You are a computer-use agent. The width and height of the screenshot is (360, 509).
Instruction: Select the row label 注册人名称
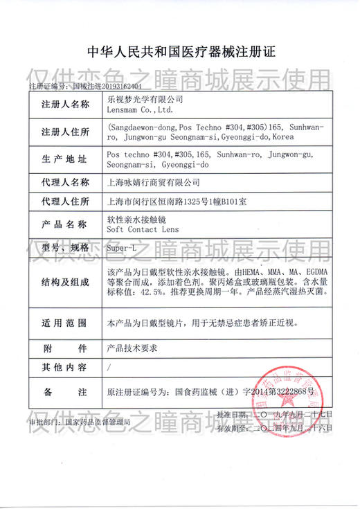65,105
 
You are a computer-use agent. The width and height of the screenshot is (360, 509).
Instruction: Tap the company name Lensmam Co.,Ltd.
141,109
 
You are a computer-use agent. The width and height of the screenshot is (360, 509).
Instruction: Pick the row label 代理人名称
65,183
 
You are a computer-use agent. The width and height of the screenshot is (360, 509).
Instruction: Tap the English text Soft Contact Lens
138,229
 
